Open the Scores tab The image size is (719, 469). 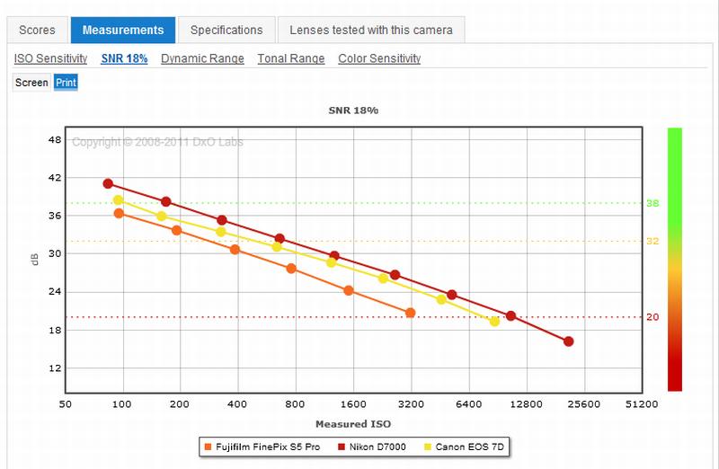(37, 30)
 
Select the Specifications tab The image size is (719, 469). (226, 30)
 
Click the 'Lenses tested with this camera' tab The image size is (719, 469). (370, 30)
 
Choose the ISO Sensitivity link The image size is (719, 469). (50, 58)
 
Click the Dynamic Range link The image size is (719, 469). (202, 58)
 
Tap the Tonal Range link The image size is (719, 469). (290, 58)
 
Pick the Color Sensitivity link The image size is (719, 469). (379, 58)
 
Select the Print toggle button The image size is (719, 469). (66, 83)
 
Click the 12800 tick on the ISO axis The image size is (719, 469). (526, 404)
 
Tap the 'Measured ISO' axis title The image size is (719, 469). (352, 423)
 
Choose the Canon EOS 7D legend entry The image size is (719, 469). (467, 446)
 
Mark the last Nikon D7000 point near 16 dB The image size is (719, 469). (568, 341)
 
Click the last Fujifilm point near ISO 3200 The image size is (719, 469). (410, 313)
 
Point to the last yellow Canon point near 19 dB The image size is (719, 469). (494, 321)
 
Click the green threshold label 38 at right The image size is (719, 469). (652, 204)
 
